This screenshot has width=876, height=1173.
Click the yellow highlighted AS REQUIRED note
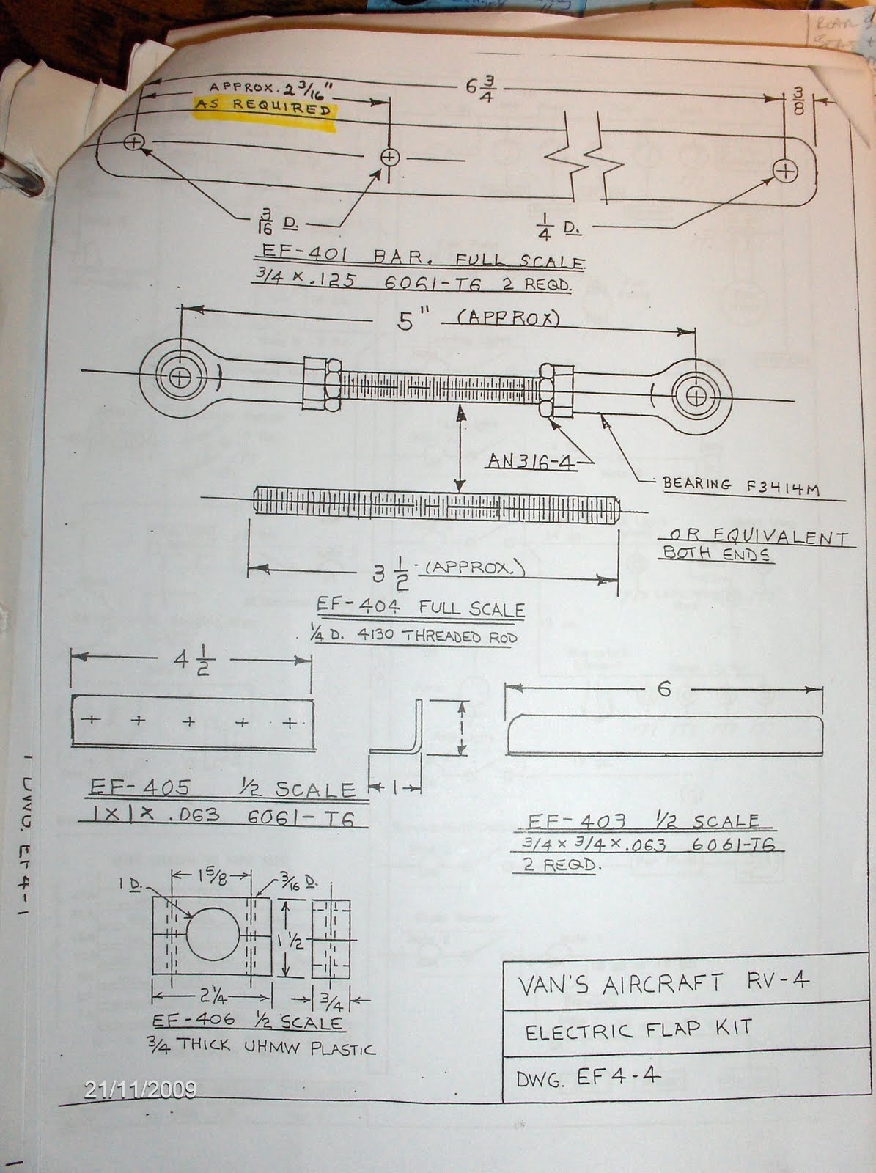tap(262, 108)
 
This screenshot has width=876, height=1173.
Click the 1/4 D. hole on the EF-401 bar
tap(785, 172)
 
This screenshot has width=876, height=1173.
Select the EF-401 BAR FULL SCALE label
tap(419, 260)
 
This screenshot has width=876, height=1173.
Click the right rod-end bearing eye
tap(696, 397)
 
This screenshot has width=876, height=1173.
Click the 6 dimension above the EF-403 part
tap(664, 689)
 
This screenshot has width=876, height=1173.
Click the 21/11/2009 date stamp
tap(141, 1090)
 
